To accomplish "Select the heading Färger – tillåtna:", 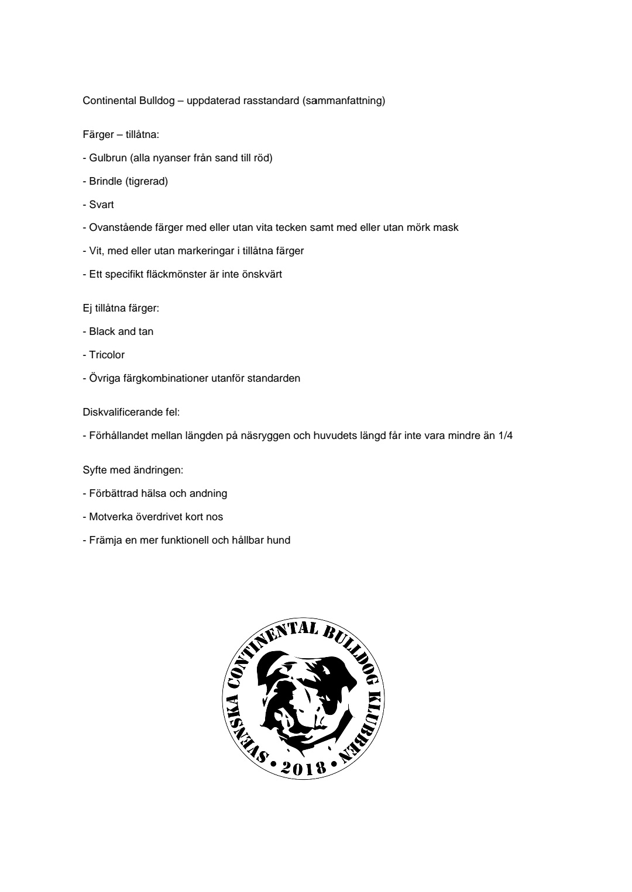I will [121, 135].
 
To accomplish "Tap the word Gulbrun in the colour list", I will [108, 158].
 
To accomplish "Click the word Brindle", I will [106, 181].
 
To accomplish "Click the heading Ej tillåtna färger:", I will [121, 308].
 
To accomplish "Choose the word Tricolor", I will [107, 355].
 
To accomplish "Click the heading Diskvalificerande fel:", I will [131, 412].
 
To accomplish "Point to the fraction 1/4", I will [506, 435].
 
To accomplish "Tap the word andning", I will [208, 493].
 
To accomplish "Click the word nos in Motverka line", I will [214, 517].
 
